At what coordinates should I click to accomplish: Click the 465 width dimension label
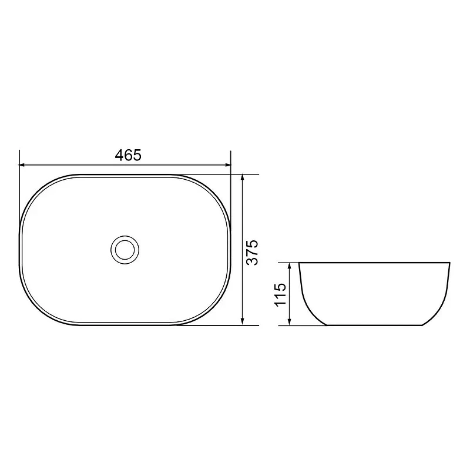(128, 155)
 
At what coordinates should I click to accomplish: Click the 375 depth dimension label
(252, 252)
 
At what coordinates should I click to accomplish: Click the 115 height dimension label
(281, 294)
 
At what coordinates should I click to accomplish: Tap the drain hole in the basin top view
(125, 249)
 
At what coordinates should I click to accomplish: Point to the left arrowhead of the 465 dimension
(22, 164)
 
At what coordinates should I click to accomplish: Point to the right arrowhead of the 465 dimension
(228, 164)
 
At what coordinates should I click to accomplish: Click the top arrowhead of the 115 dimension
(289, 266)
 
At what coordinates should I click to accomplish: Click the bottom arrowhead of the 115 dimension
(289, 322)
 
